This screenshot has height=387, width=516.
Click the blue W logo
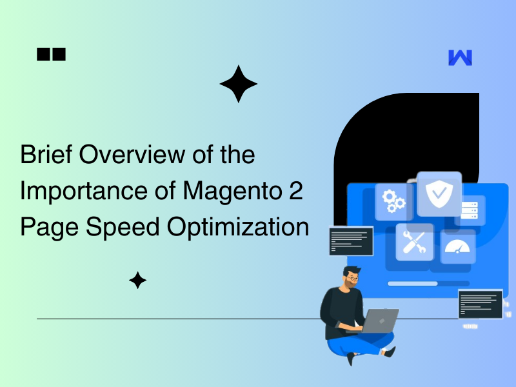(460, 57)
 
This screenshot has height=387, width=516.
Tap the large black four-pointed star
(238, 84)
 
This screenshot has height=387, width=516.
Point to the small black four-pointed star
(137, 280)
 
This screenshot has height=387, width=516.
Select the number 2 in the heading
(295, 192)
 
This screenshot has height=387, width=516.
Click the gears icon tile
(393, 201)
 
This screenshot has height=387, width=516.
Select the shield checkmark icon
(439, 192)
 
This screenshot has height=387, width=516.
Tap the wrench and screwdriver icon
(413, 241)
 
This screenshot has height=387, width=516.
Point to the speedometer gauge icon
(457, 246)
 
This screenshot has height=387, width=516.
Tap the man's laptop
(378, 319)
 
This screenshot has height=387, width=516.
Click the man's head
(352, 278)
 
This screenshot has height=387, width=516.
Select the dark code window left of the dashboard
(351, 240)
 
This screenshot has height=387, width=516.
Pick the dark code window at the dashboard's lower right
(480, 304)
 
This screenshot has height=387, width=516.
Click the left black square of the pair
(43, 55)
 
